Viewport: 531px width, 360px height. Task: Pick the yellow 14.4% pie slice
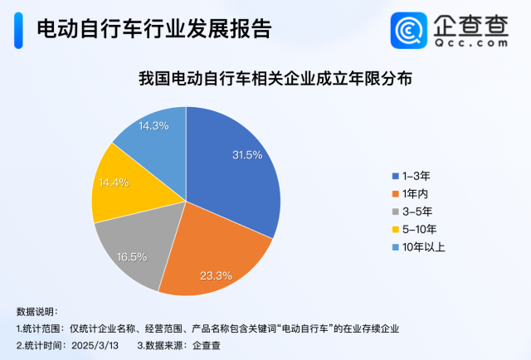coord(116,187)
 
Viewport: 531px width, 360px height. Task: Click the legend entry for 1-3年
coord(416,176)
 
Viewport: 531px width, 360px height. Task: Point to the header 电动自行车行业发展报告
coord(154,30)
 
